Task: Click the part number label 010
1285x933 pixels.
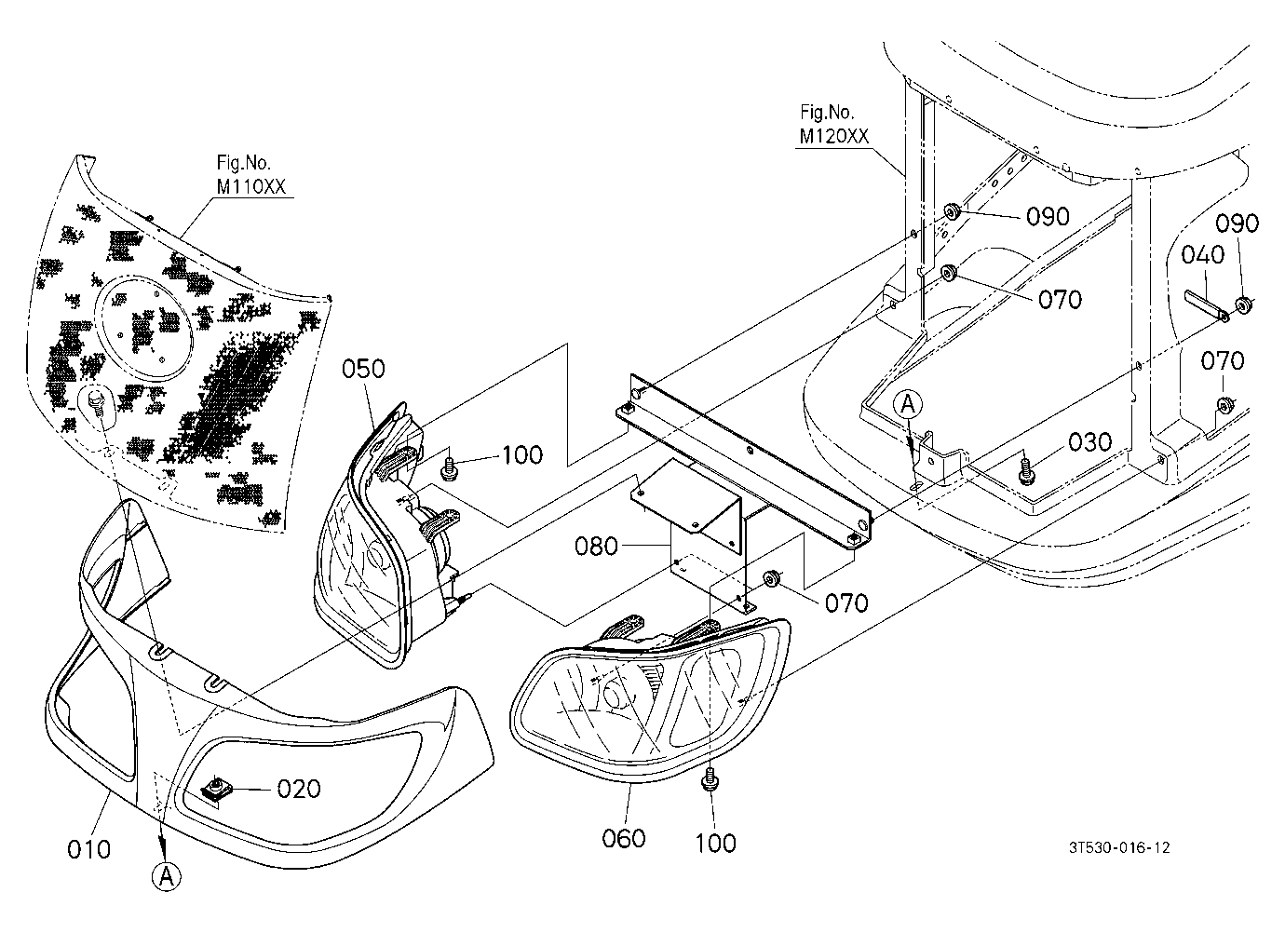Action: [88, 849]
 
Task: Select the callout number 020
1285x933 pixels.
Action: [299, 789]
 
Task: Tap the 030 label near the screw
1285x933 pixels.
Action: [1090, 442]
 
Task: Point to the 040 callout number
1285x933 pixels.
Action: [1202, 255]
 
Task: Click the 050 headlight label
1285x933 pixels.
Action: [363, 369]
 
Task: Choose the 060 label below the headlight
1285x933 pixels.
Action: [624, 839]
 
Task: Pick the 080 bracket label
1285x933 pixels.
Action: [597, 547]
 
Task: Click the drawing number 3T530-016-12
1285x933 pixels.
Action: [1119, 847]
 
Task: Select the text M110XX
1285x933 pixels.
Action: [250, 187]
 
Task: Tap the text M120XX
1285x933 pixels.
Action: [834, 136]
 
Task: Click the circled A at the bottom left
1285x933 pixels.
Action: [167, 877]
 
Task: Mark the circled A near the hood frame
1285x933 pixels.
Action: [908, 404]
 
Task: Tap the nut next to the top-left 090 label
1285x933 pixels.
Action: [953, 211]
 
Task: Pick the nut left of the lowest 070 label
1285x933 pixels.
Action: [770, 578]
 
